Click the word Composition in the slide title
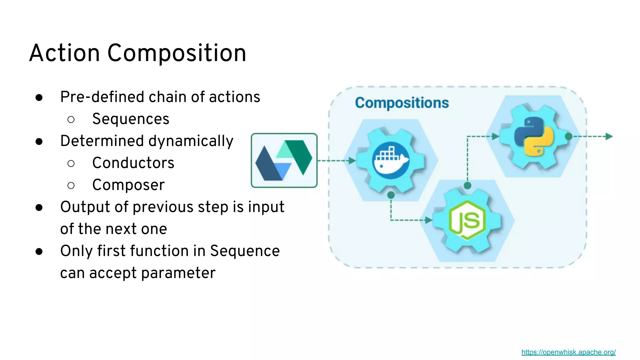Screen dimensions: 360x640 click(177, 53)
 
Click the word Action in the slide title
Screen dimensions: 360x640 click(64, 53)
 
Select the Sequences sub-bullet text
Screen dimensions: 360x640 click(131, 119)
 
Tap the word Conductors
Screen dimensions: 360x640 click(133, 163)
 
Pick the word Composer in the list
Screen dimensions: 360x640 click(128, 185)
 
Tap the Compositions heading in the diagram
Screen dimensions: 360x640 click(402, 103)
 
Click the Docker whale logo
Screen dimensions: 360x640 click(391, 160)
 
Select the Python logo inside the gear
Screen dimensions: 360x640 click(534, 136)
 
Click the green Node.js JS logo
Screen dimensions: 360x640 click(467, 220)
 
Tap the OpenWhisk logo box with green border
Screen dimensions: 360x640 click(284, 160)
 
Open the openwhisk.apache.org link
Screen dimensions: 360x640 click(568, 352)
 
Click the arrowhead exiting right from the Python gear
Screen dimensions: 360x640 click(609, 136)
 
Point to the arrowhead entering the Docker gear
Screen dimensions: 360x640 click(352, 161)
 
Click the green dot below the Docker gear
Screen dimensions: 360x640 click(391, 195)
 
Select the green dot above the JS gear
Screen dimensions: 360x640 click(467, 186)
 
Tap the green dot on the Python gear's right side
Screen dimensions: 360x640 click(568, 136)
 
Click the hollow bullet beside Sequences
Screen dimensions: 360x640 click(71, 119)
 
